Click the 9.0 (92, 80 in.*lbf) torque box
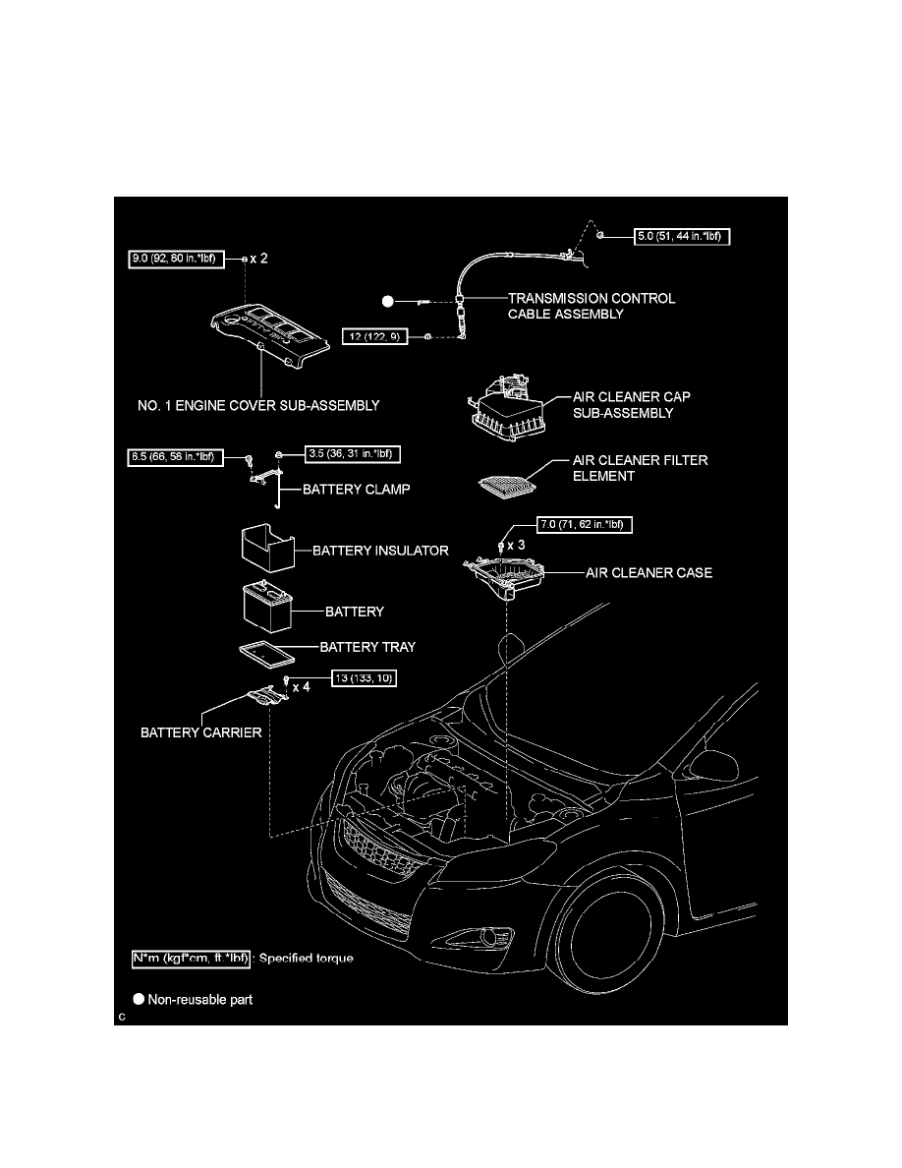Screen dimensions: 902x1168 [176, 260]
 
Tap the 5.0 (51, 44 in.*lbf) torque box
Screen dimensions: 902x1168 [683, 236]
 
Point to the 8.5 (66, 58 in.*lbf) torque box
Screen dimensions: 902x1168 [176, 456]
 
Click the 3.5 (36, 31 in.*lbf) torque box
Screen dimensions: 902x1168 [354, 453]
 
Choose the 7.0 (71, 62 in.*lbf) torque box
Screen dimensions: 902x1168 [585, 524]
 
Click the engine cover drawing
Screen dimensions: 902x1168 [269, 333]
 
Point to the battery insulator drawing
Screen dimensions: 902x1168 [268, 548]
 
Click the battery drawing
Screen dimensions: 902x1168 [267, 607]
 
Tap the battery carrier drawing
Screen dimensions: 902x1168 [266, 695]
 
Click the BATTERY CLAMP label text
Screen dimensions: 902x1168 [357, 490]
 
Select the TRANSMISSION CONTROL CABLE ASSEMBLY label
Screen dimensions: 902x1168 [592, 306]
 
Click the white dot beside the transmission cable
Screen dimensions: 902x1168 [388, 302]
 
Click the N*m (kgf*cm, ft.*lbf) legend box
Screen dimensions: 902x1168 [191, 959]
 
